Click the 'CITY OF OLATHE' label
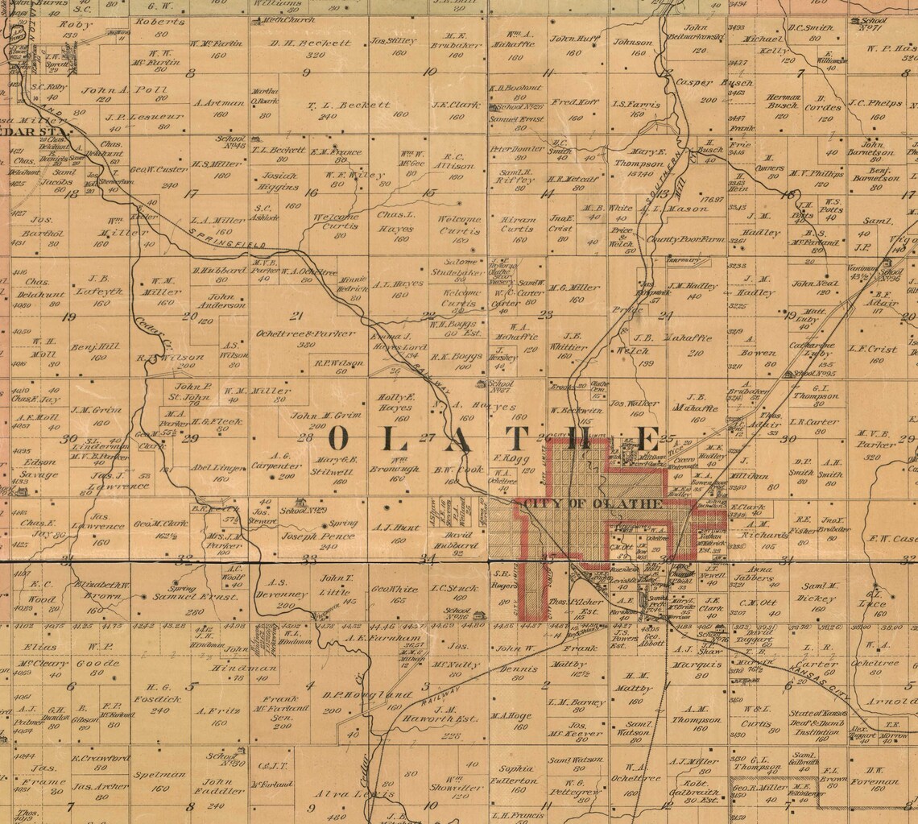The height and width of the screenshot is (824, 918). pyautogui.click(x=593, y=504)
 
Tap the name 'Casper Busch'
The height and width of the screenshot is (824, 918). pyautogui.click(x=702, y=83)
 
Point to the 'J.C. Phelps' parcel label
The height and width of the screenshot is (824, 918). pyautogui.click(x=874, y=103)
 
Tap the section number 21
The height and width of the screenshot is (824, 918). pyautogui.click(x=297, y=315)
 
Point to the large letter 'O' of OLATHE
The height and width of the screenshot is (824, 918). pyautogui.click(x=339, y=439)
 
